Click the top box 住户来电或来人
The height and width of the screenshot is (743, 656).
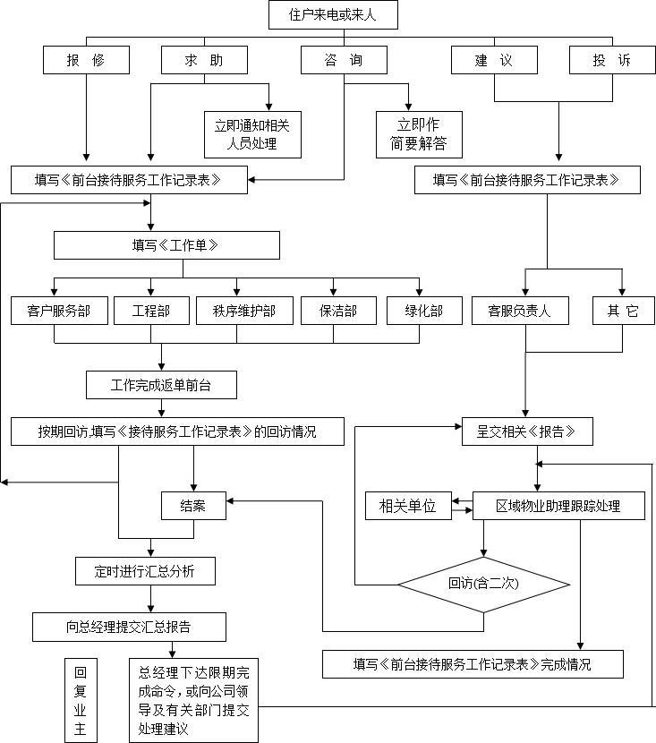point(333,14)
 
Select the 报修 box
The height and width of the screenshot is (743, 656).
point(86,60)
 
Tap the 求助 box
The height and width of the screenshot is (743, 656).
point(204,60)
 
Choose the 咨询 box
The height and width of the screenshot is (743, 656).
point(344,60)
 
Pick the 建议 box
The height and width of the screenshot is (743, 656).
point(494,60)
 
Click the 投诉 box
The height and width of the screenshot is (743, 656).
point(612,60)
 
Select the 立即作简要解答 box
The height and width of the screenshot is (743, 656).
point(418,133)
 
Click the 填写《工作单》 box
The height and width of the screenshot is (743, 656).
point(166,244)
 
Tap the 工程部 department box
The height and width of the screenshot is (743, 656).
point(150,311)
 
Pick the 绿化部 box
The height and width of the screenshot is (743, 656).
point(426,311)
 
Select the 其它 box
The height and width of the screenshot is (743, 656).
point(623,311)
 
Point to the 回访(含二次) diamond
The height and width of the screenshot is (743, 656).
point(484,584)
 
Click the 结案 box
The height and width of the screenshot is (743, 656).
point(193,506)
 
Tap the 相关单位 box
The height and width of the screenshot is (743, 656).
point(407,506)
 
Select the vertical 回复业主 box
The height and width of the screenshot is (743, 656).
point(81,701)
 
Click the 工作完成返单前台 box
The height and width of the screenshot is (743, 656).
point(161,385)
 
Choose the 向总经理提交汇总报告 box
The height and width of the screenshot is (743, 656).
point(129,627)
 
